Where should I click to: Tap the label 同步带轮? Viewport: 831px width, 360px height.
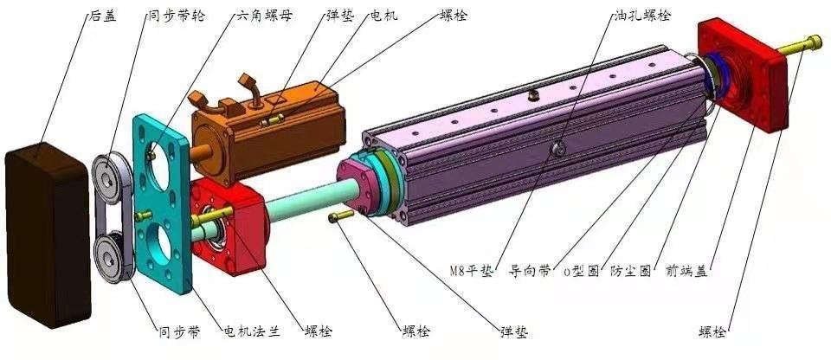(177, 16)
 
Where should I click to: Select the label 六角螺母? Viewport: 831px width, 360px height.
(263, 16)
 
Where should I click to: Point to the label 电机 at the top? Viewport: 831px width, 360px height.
(383, 16)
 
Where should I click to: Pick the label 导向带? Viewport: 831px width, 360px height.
(531, 271)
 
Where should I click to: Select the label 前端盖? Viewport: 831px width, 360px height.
(686, 271)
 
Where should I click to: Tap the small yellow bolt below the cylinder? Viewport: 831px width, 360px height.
(343, 215)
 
